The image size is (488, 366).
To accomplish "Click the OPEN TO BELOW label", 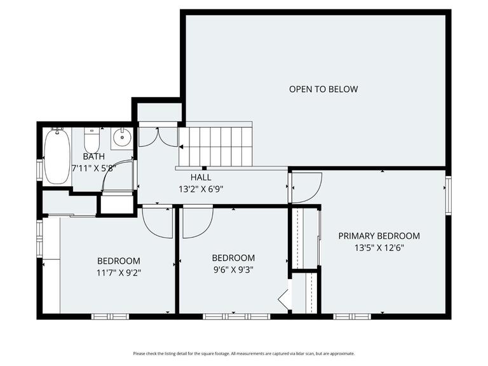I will click(323, 89).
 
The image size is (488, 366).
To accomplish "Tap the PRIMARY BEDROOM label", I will click(379, 236).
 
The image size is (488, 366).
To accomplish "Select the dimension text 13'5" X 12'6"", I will click(379, 248).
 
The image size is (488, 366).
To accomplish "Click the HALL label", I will click(201, 177).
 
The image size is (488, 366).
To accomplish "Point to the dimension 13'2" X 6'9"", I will click(201, 189).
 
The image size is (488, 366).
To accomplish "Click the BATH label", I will click(93, 156).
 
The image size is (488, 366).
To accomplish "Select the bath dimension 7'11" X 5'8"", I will click(93, 169).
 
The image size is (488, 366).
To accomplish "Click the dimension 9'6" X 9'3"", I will click(233, 270).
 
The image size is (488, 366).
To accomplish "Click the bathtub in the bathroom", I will click(57, 156).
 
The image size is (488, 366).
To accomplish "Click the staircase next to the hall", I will click(215, 147).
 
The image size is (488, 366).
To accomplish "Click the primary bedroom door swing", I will click(306, 186).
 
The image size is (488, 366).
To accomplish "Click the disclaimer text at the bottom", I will click(244, 353).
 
